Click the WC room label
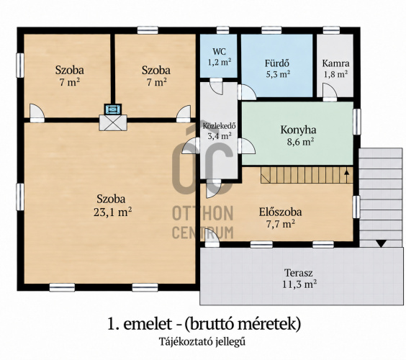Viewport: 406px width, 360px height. point(219,51)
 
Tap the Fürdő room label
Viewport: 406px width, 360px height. point(277,63)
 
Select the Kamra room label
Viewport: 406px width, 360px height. point(335,63)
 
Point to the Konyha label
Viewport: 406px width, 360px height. point(298,130)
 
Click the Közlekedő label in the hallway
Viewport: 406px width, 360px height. point(219,126)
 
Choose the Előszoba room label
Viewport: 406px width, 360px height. point(281,212)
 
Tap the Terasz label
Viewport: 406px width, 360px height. point(298,273)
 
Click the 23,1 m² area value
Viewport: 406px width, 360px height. point(112,212)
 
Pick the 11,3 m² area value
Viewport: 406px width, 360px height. point(299,284)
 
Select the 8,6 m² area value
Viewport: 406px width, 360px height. point(300,141)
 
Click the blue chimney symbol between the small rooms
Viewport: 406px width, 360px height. point(113,109)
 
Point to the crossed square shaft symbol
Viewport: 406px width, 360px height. point(113,122)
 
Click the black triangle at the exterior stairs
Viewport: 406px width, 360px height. point(381,243)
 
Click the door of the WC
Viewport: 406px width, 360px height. point(216,86)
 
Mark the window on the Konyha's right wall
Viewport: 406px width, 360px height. point(357,122)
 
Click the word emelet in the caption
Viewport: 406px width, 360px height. point(148,324)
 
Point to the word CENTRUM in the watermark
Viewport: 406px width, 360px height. point(203,233)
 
